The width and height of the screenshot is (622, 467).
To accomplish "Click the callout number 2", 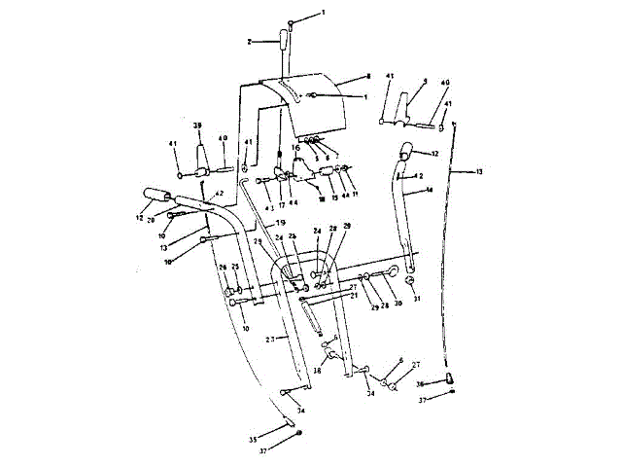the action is click(250, 42).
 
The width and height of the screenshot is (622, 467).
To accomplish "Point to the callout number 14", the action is click(429, 192).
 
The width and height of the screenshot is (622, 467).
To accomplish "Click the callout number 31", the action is click(417, 299).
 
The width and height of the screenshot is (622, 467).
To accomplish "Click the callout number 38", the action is click(317, 371).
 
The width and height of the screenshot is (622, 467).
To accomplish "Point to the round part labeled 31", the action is click(410, 281).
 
